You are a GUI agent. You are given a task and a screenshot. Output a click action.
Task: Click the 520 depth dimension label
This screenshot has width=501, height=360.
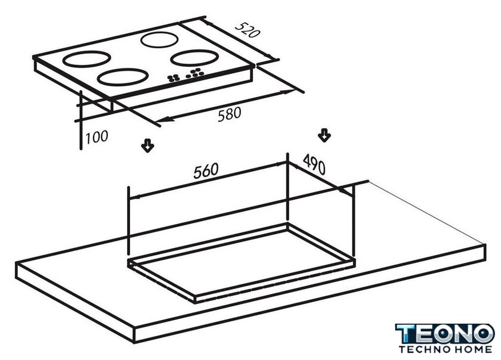click(x=248, y=30)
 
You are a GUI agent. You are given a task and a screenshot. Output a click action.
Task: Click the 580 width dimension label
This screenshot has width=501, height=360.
click(x=230, y=114)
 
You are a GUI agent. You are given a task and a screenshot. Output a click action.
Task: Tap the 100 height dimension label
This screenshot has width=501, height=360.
click(x=97, y=137)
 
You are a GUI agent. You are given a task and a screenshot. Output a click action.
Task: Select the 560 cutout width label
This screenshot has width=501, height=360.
click(x=206, y=171)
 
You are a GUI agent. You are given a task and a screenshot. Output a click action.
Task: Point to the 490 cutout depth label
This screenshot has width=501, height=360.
click(x=314, y=164)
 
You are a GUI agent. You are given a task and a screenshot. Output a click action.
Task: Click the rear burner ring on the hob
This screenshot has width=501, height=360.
click(x=159, y=33)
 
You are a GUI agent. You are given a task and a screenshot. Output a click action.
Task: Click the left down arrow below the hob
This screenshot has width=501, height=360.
click(x=148, y=145)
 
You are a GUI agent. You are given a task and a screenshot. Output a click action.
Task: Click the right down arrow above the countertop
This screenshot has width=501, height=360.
click(x=324, y=135)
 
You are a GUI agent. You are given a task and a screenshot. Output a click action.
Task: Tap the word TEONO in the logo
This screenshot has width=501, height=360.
click(x=445, y=334)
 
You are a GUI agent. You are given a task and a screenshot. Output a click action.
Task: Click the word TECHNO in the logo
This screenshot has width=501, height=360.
click(x=422, y=349)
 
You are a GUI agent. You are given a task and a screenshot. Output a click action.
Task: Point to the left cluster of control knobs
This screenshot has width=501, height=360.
click(x=174, y=77)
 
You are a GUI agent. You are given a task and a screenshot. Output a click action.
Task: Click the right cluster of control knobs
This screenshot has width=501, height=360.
click(x=195, y=73)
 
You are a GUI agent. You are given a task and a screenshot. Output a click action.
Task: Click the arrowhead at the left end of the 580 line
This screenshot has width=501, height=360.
click(x=163, y=120)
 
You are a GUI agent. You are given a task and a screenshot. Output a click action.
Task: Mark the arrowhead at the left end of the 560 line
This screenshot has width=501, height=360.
click(x=134, y=197)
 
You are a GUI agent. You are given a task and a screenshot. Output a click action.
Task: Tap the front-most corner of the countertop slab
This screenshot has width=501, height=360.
click(x=134, y=328)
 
